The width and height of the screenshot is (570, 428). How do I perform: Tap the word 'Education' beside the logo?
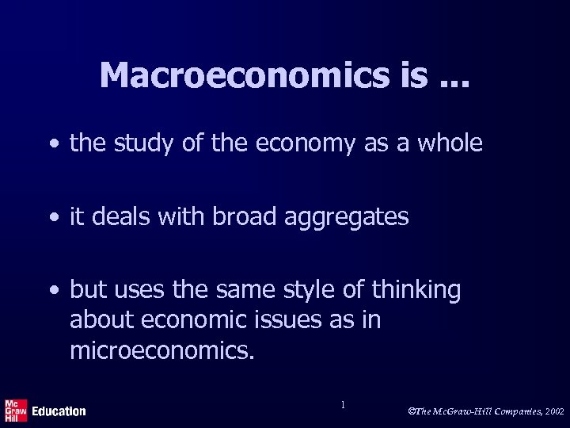[59, 411]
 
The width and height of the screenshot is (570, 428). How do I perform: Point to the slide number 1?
[342, 405]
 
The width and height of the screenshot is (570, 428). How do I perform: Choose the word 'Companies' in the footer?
[503, 412]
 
